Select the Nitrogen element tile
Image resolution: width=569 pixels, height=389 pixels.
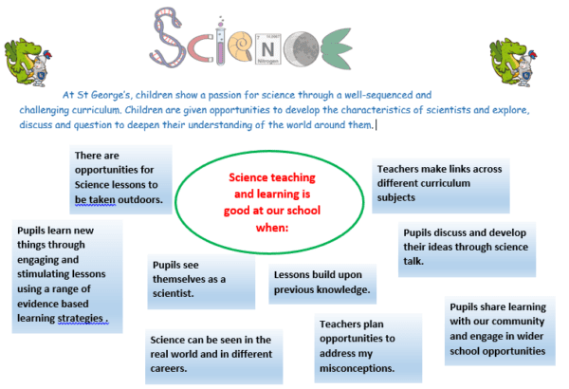coord(268,49)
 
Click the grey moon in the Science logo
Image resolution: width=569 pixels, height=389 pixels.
coord(302,49)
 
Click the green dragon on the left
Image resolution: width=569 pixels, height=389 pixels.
coord(28,63)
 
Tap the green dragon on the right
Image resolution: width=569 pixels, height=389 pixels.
coord(513,63)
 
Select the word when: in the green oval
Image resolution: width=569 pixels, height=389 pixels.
coord(272,228)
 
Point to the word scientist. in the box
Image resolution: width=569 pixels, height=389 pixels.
coord(174,293)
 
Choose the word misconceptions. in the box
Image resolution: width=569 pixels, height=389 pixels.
coord(358,368)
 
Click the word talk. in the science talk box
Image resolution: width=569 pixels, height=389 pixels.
coord(413,261)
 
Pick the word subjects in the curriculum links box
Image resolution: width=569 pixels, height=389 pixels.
coord(395,197)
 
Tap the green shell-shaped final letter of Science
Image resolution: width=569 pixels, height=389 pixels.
coord(336,49)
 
